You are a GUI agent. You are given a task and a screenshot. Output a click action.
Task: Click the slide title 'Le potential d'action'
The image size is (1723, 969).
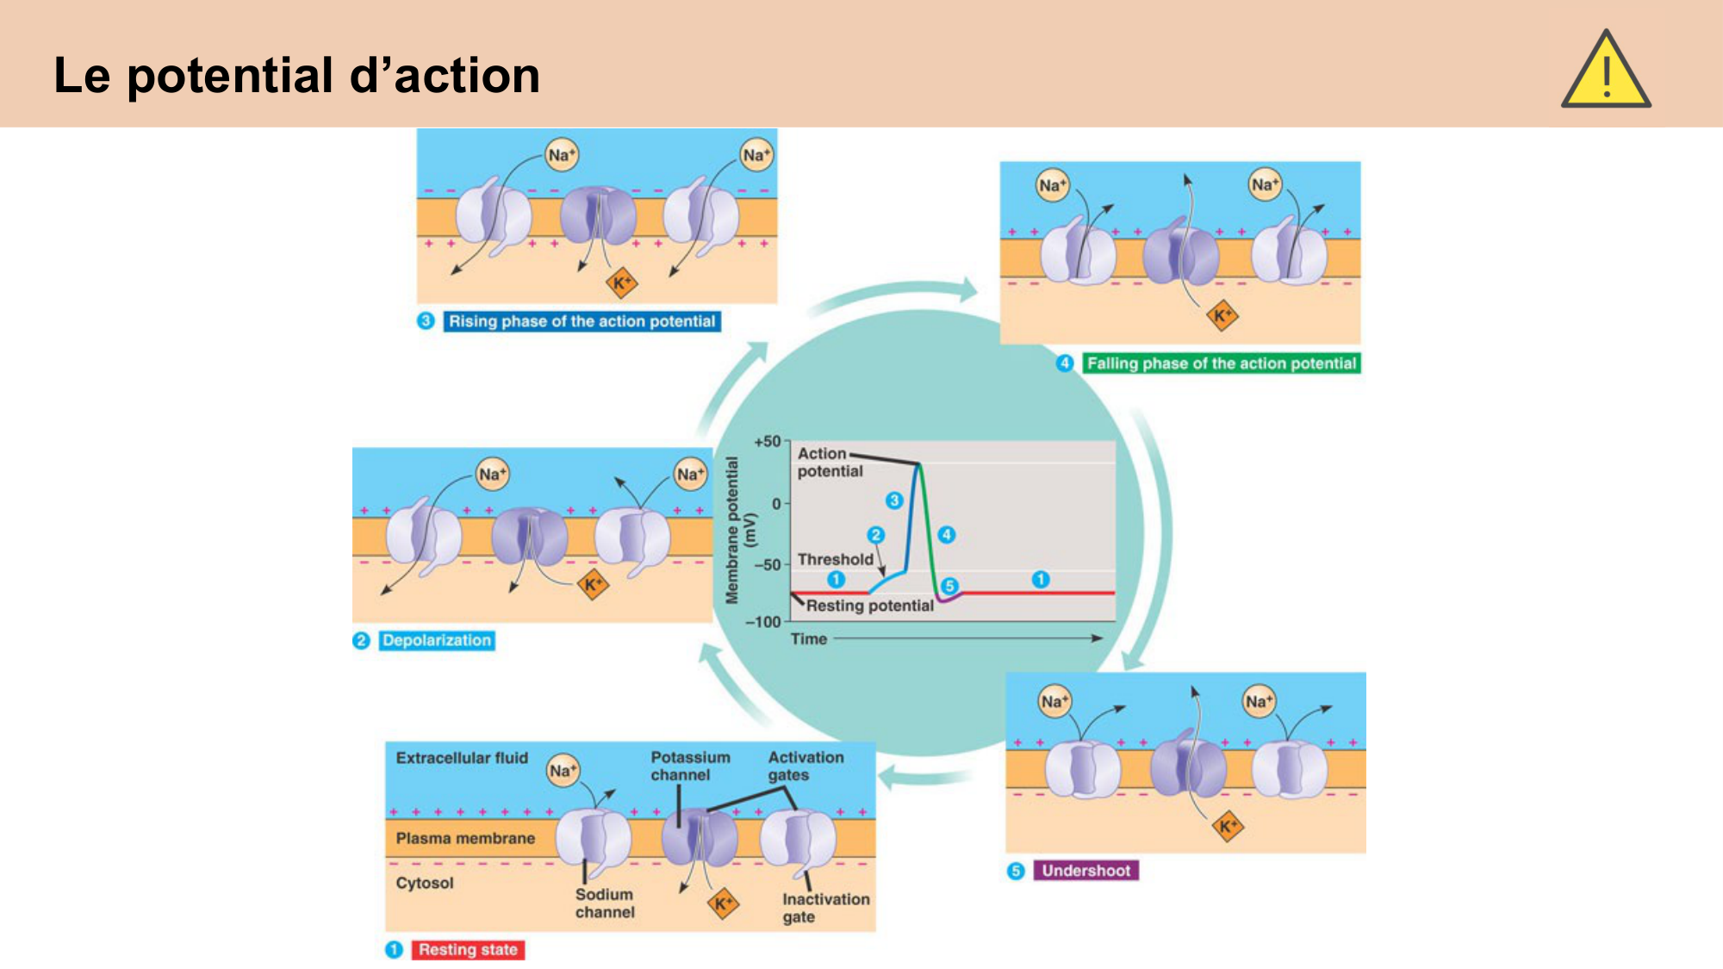pos(296,76)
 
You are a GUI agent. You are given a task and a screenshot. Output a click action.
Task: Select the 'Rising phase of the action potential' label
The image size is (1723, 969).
pos(582,321)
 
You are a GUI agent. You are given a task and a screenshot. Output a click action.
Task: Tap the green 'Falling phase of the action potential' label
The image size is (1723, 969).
pos(1221,363)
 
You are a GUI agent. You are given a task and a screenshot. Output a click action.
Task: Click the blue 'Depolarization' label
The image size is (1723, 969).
pos(437,640)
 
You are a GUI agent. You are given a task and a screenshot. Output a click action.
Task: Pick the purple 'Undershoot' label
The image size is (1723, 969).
pos(1085,870)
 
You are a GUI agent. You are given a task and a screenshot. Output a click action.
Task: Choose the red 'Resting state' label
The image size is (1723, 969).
pos(468,949)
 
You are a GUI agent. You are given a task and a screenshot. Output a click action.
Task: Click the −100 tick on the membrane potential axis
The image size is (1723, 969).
pos(763,622)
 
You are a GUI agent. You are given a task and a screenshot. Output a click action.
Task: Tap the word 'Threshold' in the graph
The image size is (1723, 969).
pos(835,559)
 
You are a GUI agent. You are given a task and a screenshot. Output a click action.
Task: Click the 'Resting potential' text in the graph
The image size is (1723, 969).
pos(869,606)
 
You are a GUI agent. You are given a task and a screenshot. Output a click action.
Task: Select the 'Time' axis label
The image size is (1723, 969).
pos(808,639)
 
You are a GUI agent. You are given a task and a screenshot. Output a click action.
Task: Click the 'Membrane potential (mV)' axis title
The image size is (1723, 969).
pos(739,530)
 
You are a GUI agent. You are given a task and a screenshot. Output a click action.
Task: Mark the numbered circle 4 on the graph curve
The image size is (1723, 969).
pos(946,535)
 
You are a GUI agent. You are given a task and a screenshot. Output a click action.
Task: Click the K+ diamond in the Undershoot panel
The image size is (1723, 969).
pos(1228,826)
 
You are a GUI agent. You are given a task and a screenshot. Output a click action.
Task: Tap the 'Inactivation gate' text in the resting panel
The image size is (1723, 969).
pos(824,908)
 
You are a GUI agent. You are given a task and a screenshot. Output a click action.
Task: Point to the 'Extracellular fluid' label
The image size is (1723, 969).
pos(462,758)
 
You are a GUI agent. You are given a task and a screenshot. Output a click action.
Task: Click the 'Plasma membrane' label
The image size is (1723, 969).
pos(465,838)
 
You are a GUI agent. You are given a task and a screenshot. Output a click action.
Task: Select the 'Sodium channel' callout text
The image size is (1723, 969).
pos(605,903)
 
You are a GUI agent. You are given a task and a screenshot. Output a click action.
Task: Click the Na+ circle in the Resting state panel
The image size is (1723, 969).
pos(563,771)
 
